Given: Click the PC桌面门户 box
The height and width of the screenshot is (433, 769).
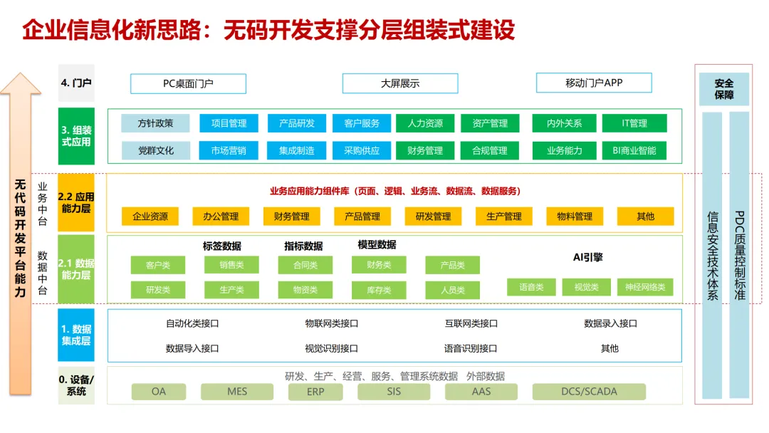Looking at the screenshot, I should click(x=188, y=83).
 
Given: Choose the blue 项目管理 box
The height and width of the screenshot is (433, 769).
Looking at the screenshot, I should click(x=229, y=123).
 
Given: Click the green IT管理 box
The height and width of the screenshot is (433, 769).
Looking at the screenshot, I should click(x=634, y=123).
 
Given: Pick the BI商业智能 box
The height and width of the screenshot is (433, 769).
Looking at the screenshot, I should click(x=634, y=150).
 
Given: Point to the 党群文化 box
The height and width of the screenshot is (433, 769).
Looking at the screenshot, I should click(x=155, y=150).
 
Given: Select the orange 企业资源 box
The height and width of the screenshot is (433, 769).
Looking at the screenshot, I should click(x=150, y=216).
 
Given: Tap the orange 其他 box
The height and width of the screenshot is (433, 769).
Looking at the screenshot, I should click(x=646, y=216).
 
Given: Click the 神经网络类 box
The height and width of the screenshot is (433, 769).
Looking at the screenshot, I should click(x=645, y=287).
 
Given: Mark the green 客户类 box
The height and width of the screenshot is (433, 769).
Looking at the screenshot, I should click(x=157, y=265).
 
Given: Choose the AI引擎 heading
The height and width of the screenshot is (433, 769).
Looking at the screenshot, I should click(x=588, y=257).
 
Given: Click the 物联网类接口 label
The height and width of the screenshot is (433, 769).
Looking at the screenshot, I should click(x=331, y=323).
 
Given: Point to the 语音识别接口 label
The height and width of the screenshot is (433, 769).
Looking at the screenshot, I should click(x=471, y=348).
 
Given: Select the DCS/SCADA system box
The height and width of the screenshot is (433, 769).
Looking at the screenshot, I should click(x=589, y=392).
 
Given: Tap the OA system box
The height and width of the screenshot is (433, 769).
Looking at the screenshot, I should click(x=159, y=392).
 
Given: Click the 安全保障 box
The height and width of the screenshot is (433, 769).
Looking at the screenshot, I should click(x=723, y=89).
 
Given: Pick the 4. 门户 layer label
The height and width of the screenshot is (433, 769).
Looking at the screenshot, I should click(x=75, y=83).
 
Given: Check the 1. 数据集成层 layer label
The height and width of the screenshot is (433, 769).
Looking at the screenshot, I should click(x=75, y=335).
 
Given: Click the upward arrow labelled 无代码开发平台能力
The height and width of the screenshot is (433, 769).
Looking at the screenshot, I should click(x=20, y=235).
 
